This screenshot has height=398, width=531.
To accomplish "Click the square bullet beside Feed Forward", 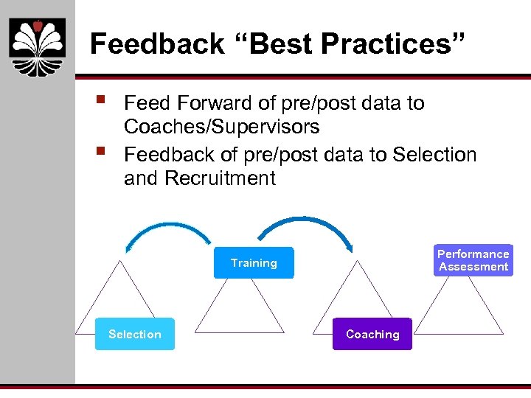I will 100,99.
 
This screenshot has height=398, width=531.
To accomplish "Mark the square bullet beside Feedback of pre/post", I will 100,153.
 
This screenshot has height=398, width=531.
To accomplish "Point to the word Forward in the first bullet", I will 215,103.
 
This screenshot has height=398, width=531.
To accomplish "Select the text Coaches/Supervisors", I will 221,127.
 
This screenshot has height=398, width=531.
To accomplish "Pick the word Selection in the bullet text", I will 434,155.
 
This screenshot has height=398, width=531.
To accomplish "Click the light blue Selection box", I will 134,334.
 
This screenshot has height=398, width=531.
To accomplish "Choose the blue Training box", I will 254,263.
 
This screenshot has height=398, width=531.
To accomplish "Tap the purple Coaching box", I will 372,334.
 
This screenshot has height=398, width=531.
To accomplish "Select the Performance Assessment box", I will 473,260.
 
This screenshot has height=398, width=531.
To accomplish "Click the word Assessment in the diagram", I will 473,267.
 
